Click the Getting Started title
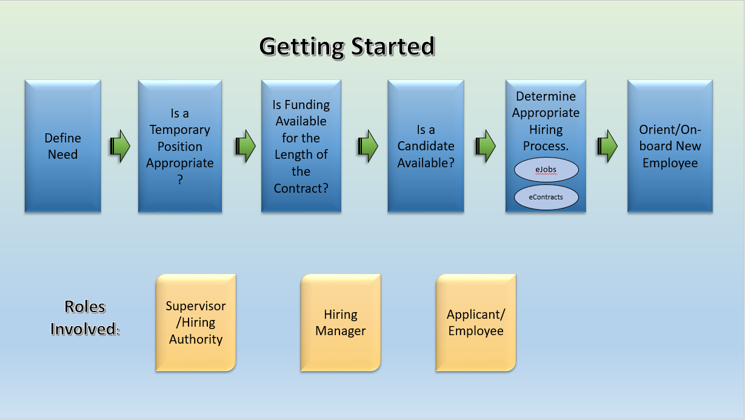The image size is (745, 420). [347, 47]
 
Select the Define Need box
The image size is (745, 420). [63, 146]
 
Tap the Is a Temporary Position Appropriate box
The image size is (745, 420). [180, 146]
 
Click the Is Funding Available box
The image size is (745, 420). [301, 146]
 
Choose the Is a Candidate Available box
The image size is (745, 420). [426, 146]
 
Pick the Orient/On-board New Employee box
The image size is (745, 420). [670, 146]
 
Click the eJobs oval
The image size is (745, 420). [546, 170]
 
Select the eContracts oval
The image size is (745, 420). [546, 197]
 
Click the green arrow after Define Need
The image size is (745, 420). [120, 146]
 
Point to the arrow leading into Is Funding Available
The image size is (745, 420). [246, 146]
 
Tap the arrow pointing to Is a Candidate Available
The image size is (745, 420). [368, 146]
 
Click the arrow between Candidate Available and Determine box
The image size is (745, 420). [486, 146]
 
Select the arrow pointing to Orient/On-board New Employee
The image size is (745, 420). [607, 146]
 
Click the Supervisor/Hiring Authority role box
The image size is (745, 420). [196, 322]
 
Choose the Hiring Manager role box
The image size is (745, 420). [341, 322]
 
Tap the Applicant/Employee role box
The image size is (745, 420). [476, 322]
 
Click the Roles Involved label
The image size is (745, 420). [85, 318]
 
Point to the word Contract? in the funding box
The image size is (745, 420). [301, 188]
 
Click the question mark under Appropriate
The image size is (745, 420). [180, 180]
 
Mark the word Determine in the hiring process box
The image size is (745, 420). [546, 96]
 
